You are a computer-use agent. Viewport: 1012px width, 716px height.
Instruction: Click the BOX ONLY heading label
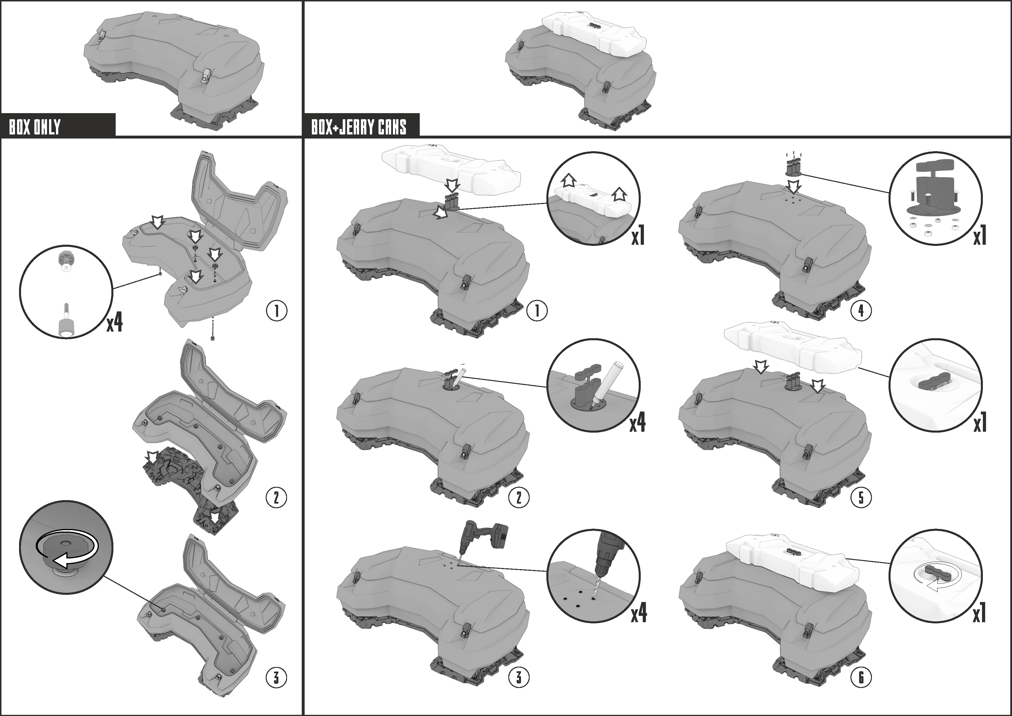35,127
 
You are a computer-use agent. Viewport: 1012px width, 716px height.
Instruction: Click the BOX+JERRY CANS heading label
359,127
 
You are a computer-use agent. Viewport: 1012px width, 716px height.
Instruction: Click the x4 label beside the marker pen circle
637,423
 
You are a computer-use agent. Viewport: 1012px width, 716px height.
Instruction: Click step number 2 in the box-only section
276,498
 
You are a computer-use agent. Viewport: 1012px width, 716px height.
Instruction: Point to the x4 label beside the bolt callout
115,323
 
